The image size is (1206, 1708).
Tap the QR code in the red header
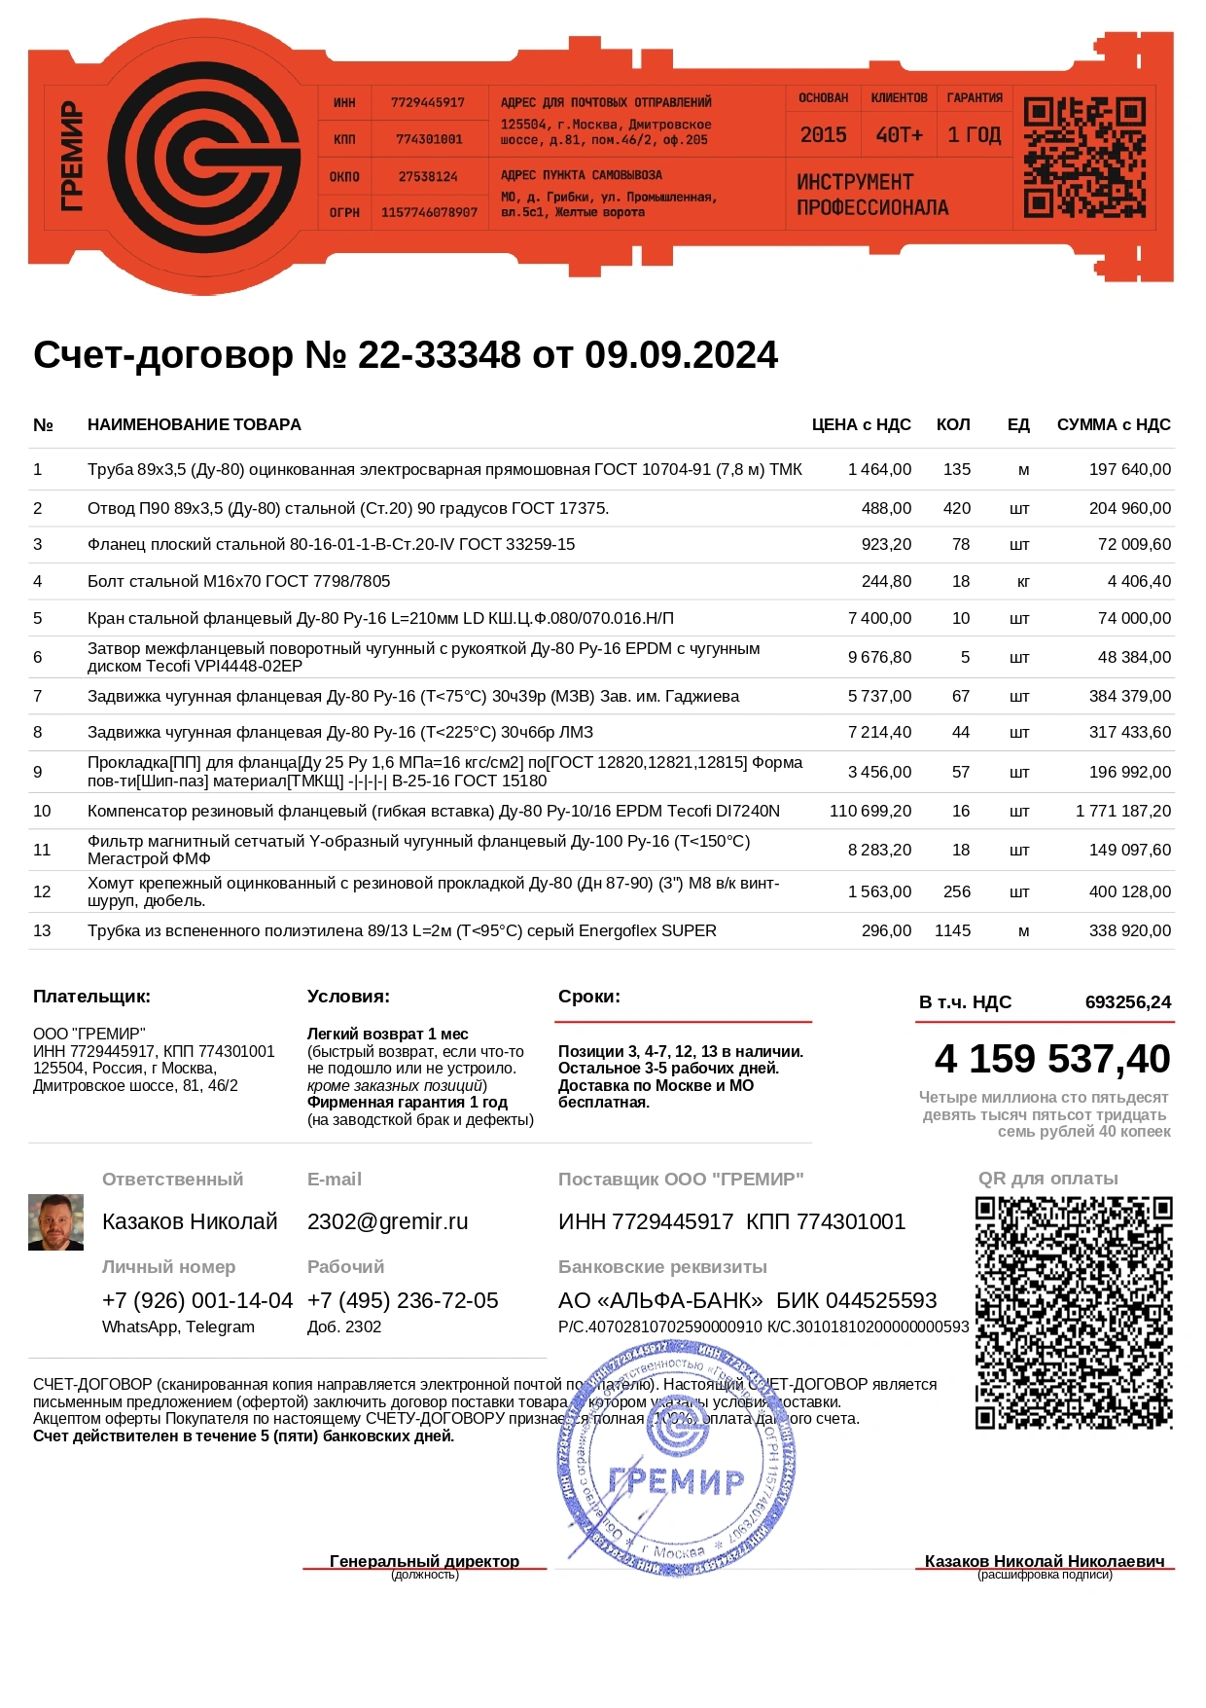pyautogui.click(x=1084, y=157)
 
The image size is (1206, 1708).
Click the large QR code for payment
pyautogui.click(x=1074, y=1313)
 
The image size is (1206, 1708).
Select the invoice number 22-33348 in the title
pyautogui.click(x=440, y=355)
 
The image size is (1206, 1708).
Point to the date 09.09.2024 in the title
pyautogui.click(x=681, y=355)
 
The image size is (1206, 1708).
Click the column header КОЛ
pyautogui.click(x=952, y=424)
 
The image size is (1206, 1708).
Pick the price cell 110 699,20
pyautogui.click(x=870, y=811)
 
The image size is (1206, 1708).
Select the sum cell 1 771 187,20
pyautogui.click(x=1123, y=811)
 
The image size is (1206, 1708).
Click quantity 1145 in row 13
pyautogui.click(x=952, y=930)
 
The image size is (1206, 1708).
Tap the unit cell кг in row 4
pyautogui.click(x=1022, y=581)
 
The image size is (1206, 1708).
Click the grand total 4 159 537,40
pyautogui.click(x=1052, y=1059)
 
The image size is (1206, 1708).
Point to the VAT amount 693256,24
pyautogui.click(x=1127, y=1001)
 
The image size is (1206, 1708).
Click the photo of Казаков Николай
pyautogui.click(x=55, y=1222)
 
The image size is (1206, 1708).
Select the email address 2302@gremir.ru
pyautogui.click(x=387, y=1221)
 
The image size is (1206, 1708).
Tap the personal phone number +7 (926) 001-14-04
pyautogui.click(x=197, y=1300)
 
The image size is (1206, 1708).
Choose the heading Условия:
pyautogui.click(x=348, y=996)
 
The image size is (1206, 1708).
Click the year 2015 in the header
pyautogui.click(x=823, y=135)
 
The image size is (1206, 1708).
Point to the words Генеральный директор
pyautogui.click(x=424, y=1561)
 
